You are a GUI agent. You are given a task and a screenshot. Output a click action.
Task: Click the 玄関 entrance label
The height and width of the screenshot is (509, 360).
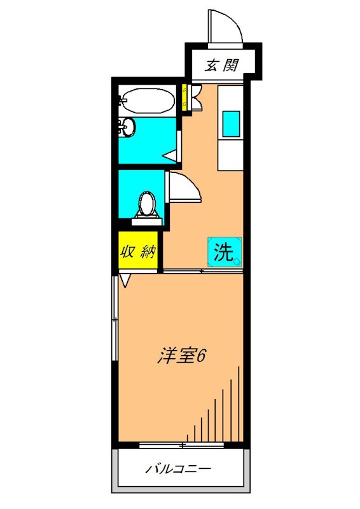222,64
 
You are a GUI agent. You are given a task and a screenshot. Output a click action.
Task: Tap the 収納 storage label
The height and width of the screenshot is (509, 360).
139,251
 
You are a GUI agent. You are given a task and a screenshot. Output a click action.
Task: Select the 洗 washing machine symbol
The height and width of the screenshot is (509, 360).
223,253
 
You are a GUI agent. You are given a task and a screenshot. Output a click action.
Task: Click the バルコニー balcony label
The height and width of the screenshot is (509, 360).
179,470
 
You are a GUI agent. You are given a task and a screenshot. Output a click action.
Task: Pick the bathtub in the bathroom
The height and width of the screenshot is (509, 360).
148,101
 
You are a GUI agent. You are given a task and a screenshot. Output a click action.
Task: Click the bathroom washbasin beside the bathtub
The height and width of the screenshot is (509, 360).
127,127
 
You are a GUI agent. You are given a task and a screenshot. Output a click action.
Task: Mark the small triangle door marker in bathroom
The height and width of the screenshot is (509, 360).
169,154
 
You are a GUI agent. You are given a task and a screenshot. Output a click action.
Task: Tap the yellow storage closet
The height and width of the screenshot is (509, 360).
139,251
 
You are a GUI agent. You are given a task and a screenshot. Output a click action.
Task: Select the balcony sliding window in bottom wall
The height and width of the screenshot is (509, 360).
182,444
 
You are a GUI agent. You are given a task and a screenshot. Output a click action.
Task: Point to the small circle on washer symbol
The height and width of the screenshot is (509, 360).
236,261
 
